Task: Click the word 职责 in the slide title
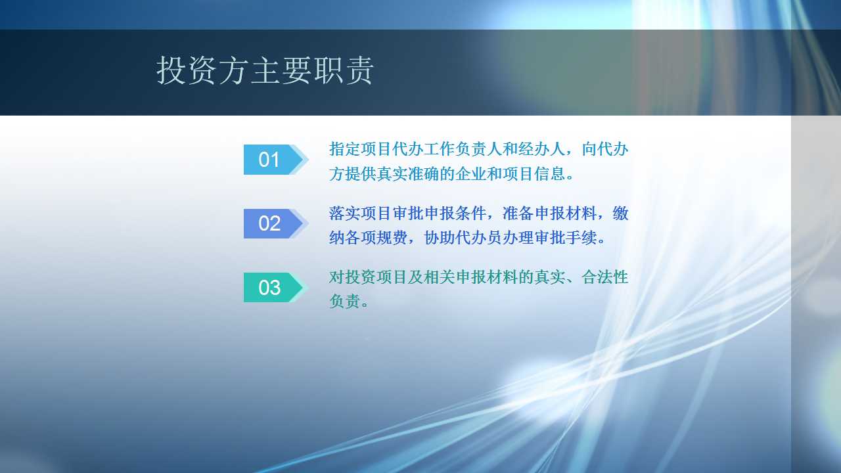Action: click(x=343, y=70)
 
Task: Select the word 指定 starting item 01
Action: click(x=345, y=149)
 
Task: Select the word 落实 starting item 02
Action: click(x=345, y=214)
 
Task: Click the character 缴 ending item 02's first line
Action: click(x=621, y=214)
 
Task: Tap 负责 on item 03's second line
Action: click(x=345, y=301)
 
